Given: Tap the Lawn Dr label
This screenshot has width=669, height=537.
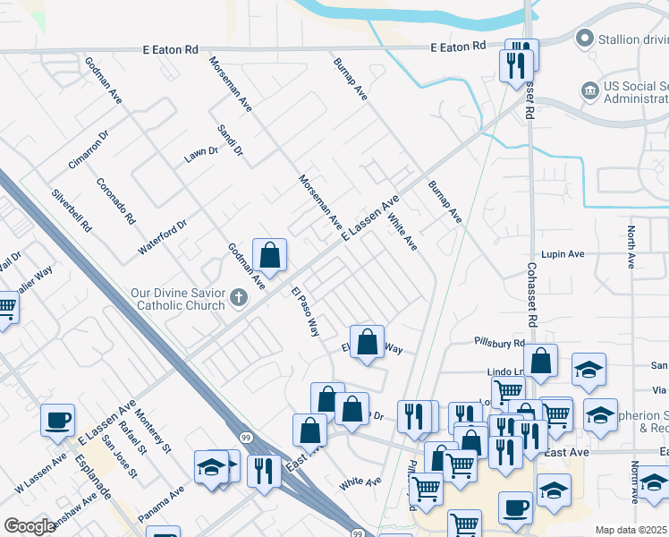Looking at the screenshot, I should [x=201, y=154].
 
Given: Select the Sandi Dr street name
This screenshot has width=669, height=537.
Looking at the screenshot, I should [x=230, y=141].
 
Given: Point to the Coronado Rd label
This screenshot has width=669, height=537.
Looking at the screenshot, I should [x=116, y=200].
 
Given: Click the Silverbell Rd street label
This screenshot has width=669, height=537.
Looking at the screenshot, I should [x=72, y=211].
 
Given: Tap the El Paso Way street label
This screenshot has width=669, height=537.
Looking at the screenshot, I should [x=306, y=311].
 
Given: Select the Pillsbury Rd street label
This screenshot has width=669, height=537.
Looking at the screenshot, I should [x=499, y=343].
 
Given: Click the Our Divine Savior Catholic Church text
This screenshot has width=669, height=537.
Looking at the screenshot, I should [x=179, y=298].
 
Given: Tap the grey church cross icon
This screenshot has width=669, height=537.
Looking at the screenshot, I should [x=238, y=297].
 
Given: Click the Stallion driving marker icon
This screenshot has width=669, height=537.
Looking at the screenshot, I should [x=584, y=38].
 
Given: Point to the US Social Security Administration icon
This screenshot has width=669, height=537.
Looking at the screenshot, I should [x=589, y=90].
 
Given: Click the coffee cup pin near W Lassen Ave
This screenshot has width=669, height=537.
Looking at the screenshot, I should [x=57, y=420].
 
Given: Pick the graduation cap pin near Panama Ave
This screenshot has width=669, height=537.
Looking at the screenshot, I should [x=212, y=467].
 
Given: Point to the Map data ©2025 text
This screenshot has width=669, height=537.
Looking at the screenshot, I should [x=631, y=530].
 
